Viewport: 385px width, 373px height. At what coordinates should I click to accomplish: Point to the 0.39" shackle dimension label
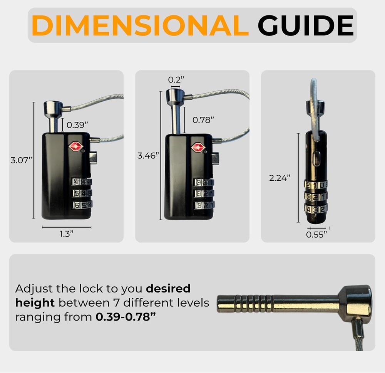click(77, 125)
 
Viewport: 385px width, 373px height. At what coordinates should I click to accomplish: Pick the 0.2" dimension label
click(176, 80)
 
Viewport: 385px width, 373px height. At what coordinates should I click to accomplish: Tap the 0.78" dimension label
click(203, 120)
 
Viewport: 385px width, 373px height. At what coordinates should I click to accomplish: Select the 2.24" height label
click(280, 178)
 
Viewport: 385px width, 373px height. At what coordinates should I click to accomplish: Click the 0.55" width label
click(316, 235)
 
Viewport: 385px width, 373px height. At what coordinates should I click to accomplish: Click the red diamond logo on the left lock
click(75, 146)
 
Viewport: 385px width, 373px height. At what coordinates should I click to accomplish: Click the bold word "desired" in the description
click(168, 289)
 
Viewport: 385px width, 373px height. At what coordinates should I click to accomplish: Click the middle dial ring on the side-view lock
click(316, 197)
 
